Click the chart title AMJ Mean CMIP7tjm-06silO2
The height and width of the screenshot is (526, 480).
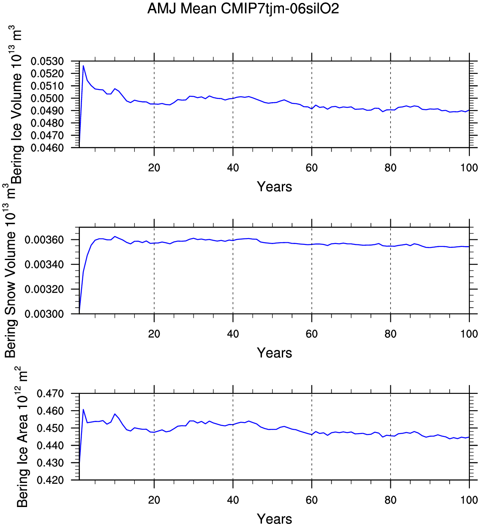[x=243, y=8]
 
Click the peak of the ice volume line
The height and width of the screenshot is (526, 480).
[x=83, y=65]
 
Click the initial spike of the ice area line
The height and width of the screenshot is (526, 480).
[x=83, y=409]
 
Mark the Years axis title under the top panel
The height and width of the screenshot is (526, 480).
[x=274, y=187]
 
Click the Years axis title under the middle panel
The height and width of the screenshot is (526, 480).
[x=274, y=353]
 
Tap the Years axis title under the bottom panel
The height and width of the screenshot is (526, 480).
[x=274, y=519]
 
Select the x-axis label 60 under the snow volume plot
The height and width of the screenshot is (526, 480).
[x=311, y=334]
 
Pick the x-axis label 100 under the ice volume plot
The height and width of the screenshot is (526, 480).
[x=469, y=168]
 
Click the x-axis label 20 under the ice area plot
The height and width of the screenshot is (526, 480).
[x=154, y=500]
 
